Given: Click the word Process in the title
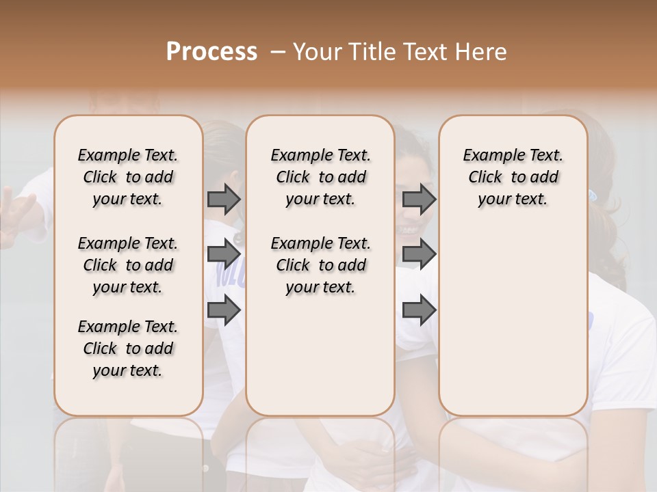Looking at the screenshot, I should pos(211,52).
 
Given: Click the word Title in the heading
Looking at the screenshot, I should pos(368,52).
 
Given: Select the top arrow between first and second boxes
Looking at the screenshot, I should pos(224,199).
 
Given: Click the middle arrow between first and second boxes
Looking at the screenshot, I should pos(224,254).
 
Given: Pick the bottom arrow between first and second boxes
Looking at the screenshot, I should pos(224,310).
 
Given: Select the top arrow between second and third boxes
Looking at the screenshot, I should pos(419,199).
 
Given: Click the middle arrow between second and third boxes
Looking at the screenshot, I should pos(419,254).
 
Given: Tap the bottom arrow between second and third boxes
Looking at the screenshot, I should pos(419,310).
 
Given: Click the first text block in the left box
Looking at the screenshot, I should pos(128,177).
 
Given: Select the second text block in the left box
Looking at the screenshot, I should pos(128,265).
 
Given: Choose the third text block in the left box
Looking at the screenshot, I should pos(128,348).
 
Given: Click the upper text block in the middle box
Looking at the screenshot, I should pos(320,177).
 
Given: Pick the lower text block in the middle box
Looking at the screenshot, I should pos(320,265).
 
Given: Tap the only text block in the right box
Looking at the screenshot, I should pos(513,177).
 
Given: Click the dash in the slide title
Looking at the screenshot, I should pos(278,52).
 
